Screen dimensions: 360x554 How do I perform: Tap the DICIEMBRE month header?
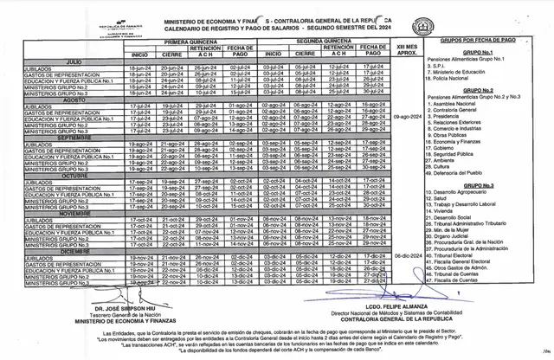77,251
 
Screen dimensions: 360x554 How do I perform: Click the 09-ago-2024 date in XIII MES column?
406,118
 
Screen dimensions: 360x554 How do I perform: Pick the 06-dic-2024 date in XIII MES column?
406,256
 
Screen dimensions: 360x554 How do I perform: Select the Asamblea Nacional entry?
458,102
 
